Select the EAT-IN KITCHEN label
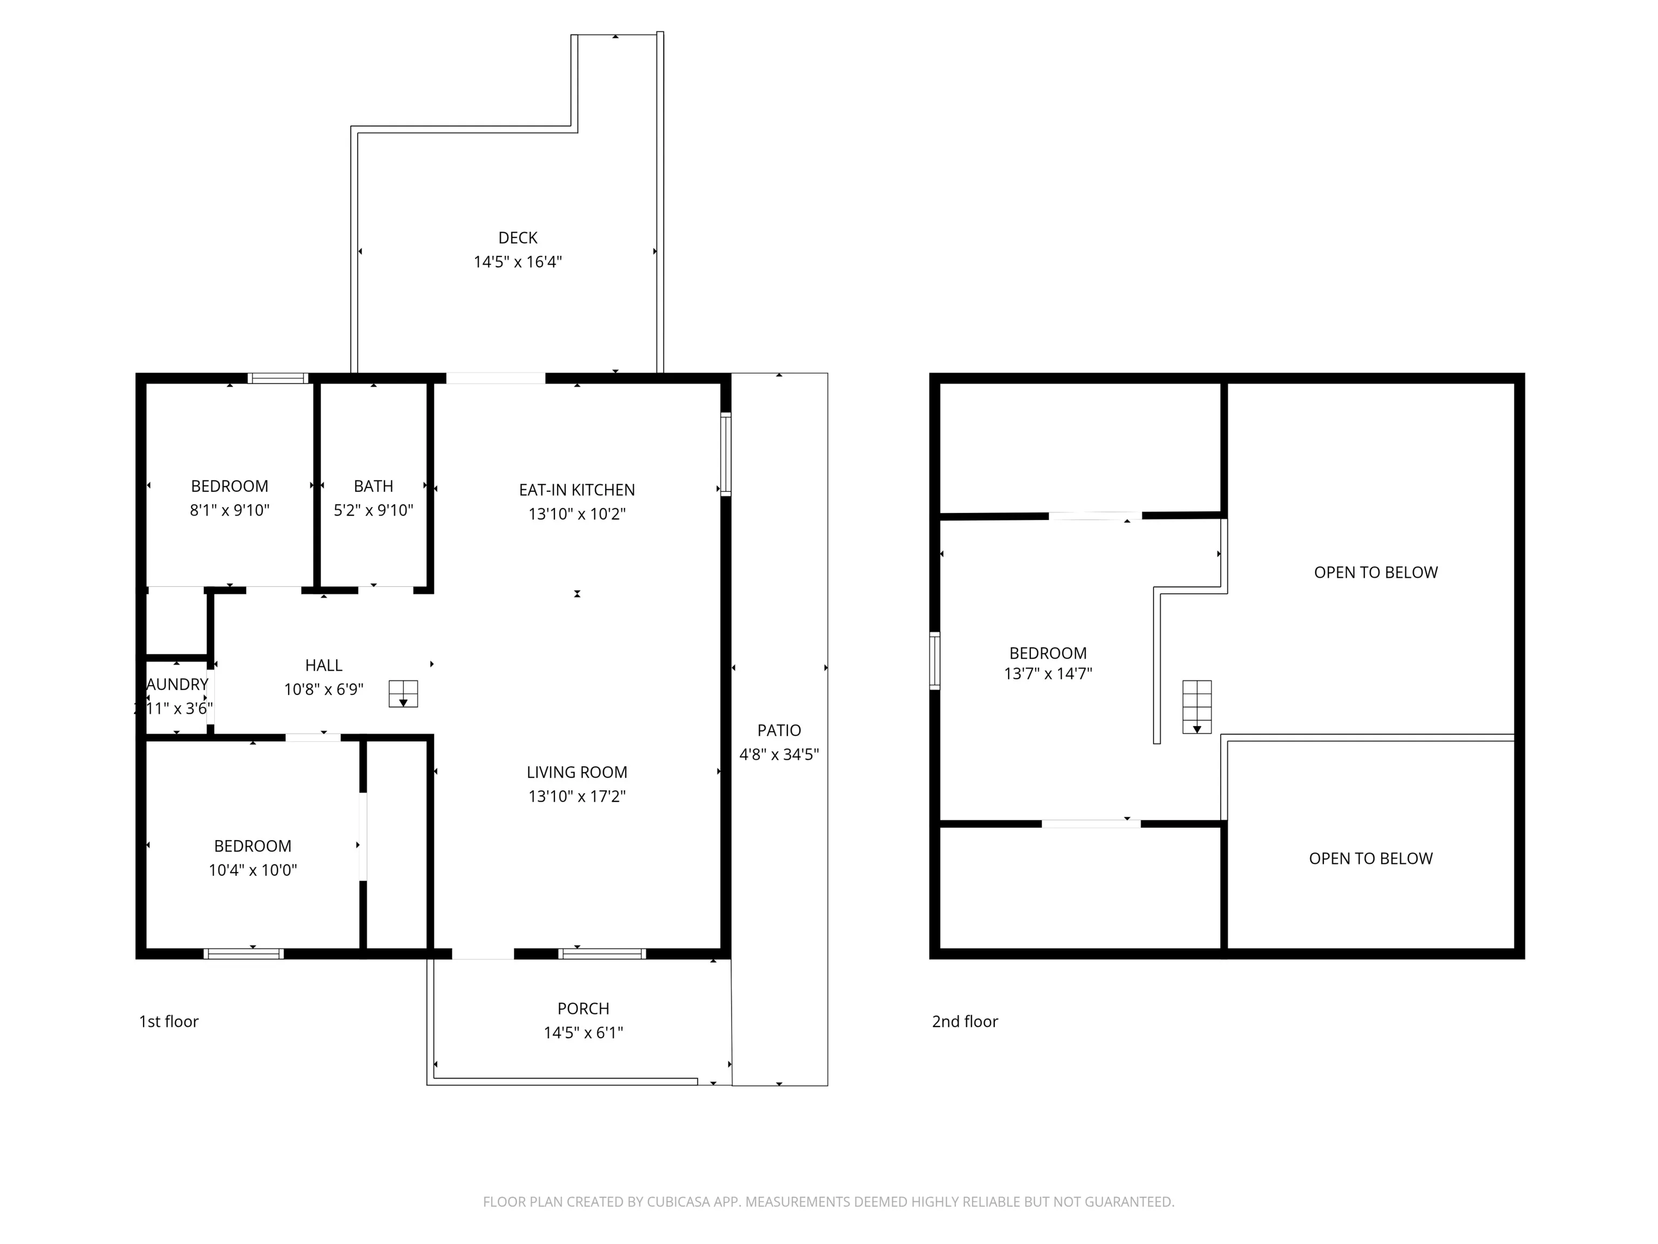coord(576,490)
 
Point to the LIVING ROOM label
coord(576,772)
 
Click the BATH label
coord(373,486)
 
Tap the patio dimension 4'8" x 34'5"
coord(779,754)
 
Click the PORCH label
coord(583,1008)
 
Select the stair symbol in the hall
coord(403,694)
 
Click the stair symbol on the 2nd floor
coord(1197,706)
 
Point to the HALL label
coord(323,665)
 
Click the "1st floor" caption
coord(168,1022)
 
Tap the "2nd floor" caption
coord(964,1022)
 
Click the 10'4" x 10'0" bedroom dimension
coord(253,870)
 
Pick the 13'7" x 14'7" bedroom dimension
coord(1048,673)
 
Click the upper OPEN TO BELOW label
coord(1375,572)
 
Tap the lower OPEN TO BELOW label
coord(1370,858)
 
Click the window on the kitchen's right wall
coord(725,454)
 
